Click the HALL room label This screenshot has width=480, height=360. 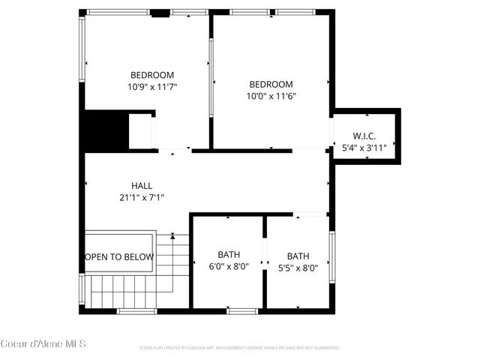pos(142,185)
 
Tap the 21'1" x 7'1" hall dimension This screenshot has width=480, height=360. pos(142,197)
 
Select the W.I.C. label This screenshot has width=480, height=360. pos(364,136)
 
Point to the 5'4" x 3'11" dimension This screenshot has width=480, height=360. pos(364,148)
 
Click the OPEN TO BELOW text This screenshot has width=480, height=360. pos(119,257)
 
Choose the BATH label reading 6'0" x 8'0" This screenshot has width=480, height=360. pos(229,255)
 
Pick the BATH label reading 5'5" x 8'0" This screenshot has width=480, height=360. pos(298,255)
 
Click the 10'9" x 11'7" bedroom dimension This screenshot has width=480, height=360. pos(152,86)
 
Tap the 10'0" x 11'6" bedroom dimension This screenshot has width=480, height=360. pos(271,96)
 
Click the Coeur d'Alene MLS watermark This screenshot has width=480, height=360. pos(43,344)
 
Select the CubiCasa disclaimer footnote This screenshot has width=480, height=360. pos(240,348)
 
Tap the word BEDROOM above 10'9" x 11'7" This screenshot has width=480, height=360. pos(152,75)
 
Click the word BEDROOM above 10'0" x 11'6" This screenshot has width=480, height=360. pos(271,85)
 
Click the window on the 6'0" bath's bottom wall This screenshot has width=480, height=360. pos(242,310)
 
